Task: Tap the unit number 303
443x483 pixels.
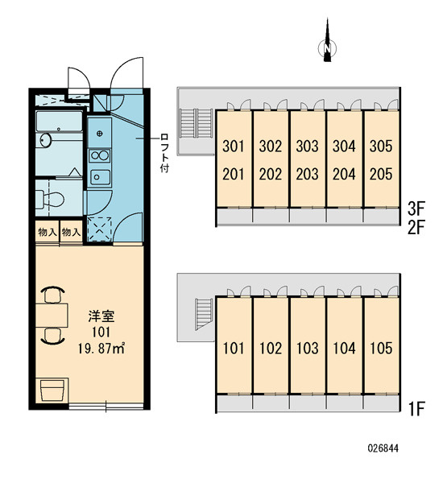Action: click(x=307, y=146)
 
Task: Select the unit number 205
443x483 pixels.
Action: click(x=381, y=174)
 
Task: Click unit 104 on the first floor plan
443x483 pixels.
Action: click(x=344, y=348)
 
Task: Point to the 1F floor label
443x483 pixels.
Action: click(x=416, y=408)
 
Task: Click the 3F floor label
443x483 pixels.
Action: click(x=416, y=208)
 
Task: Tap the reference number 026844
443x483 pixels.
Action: click(x=383, y=448)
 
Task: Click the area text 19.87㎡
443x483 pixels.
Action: click(x=101, y=349)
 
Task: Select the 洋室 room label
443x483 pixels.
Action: click(x=101, y=316)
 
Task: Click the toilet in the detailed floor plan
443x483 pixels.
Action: click(x=49, y=199)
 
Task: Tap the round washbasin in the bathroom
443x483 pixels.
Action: click(x=46, y=140)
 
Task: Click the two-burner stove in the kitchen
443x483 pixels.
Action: click(x=99, y=155)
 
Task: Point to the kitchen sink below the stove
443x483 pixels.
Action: click(x=100, y=177)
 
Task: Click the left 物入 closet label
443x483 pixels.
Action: click(x=48, y=233)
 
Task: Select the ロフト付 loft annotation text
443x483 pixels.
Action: click(x=164, y=153)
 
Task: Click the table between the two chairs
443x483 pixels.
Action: click(x=52, y=315)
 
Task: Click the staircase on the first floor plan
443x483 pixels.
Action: click(x=204, y=314)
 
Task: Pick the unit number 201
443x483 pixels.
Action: click(x=234, y=175)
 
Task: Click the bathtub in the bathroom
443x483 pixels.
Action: click(x=59, y=122)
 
